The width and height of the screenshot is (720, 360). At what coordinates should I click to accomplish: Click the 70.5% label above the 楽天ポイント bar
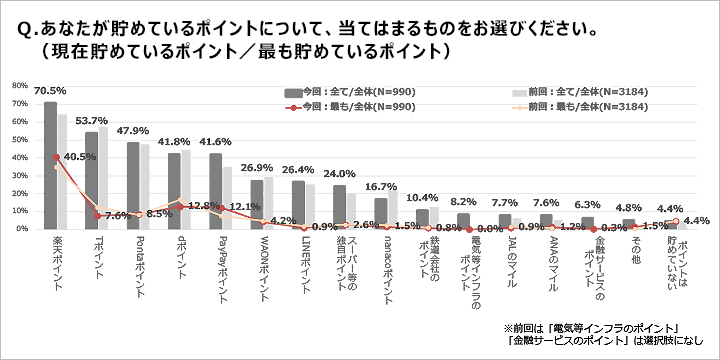pos(50,90)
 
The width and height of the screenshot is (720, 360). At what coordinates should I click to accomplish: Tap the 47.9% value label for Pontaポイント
pos(132,131)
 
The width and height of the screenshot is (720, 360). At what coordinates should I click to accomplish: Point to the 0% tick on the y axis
pos(22,229)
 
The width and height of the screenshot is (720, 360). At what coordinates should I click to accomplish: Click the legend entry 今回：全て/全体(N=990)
pos(344,89)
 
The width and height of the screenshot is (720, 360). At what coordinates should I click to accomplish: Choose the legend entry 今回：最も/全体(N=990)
pos(344,106)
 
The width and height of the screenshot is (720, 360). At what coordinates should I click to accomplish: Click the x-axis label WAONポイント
pos(256,263)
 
